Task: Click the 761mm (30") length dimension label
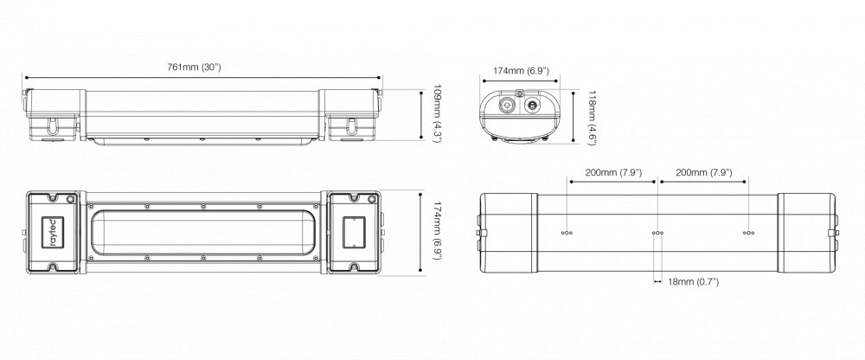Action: [x=194, y=67]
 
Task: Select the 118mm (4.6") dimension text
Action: [x=592, y=119]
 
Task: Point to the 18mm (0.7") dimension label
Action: [x=693, y=282]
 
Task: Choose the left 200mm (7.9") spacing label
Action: [x=613, y=173]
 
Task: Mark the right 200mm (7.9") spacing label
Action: [x=704, y=173]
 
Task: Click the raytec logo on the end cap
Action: [x=54, y=233]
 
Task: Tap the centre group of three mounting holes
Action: [x=657, y=233]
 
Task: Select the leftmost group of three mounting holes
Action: [x=567, y=233]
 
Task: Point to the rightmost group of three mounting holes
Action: [x=748, y=233]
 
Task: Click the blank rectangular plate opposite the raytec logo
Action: [x=352, y=233]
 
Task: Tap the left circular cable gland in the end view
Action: [x=505, y=105]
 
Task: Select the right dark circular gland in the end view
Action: [x=533, y=105]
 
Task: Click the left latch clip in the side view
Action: [x=53, y=126]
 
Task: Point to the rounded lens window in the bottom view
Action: [x=203, y=233]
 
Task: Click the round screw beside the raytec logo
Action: [x=70, y=199]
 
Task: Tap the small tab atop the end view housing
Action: [x=518, y=93]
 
